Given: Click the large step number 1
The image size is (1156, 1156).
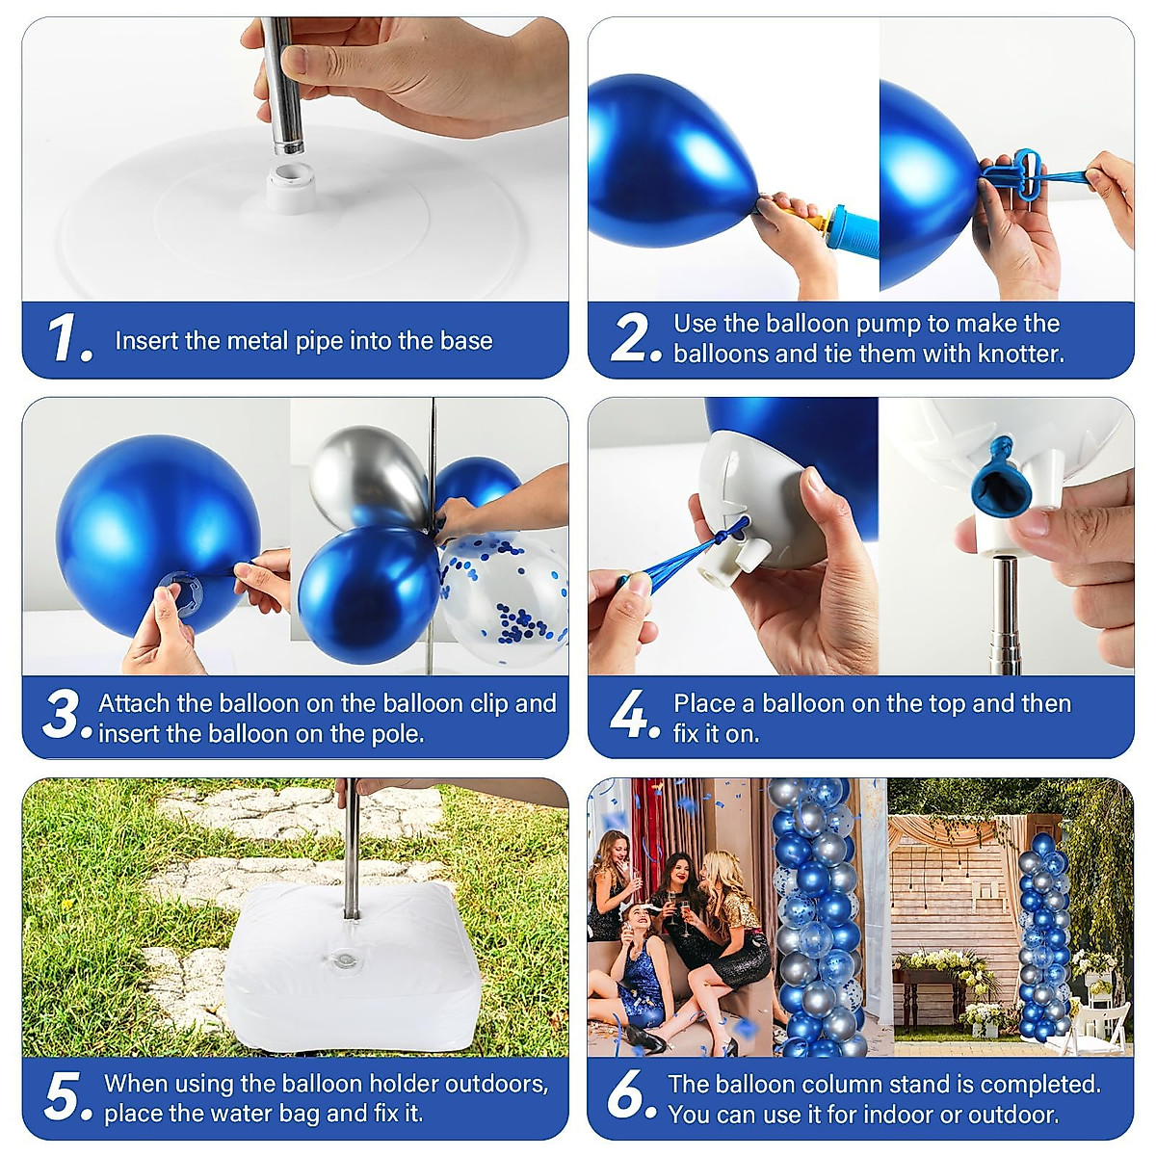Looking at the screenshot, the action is [69, 338].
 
